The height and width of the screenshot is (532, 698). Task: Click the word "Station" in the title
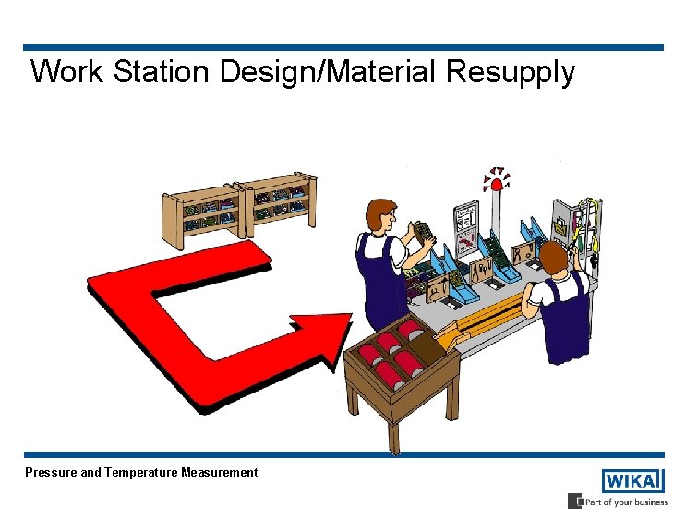point(162,71)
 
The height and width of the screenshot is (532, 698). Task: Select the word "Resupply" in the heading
point(511,72)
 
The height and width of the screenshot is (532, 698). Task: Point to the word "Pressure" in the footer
point(51,472)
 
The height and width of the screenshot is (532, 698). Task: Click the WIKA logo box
point(632,481)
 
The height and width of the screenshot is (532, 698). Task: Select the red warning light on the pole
point(497,185)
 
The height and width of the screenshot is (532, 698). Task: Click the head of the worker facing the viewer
point(379,216)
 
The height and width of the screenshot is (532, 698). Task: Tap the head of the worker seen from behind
point(552,259)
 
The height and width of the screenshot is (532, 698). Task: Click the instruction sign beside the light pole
point(466,227)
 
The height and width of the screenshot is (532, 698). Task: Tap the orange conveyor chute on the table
point(476,328)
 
